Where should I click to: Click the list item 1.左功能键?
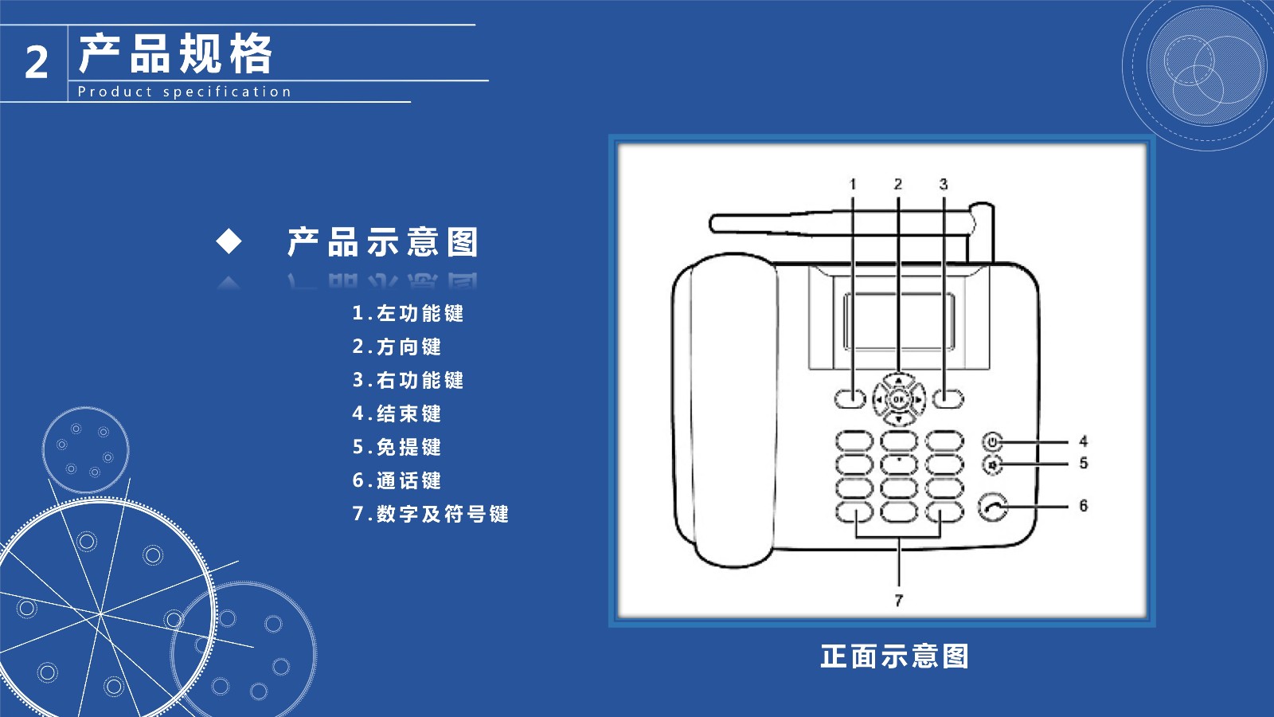pyautogui.click(x=408, y=313)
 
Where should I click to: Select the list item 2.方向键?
pyautogui.click(x=397, y=347)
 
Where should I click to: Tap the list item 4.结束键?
pyautogui.click(x=397, y=413)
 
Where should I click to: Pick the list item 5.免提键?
pyautogui.click(x=397, y=447)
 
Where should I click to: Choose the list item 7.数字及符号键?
pyautogui.click(x=431, y=514)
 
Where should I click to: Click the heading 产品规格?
pyautogui.click(x=176, y=53)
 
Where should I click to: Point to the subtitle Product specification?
pyautogui.click(x=184, y=92)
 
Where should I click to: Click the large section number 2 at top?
pyautogui.click(x=37, y=62)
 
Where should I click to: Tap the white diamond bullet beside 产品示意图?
pyautogui.click(x=229, y=241)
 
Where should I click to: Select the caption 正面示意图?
pyautogui.click(x=894, y=656)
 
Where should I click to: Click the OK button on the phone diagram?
pyautogui.click(x=899, y=399)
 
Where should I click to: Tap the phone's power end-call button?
pyautogui.click(x=992, y=441)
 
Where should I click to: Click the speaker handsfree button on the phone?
pyautogui.click(x=992, y=465)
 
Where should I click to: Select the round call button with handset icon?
pyautogui.click(x=993, y=507)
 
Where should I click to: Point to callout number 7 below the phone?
pyautogui.click(x=899, y=601)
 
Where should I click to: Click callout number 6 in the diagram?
pyautogui.click(x=1084, y=505)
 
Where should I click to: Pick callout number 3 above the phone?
pyautogui.click(x=944, y=184)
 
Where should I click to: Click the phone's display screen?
pyautogui.click(x=899, y=322)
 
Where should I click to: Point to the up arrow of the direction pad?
pyautogui.click(x=899, y=379)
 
